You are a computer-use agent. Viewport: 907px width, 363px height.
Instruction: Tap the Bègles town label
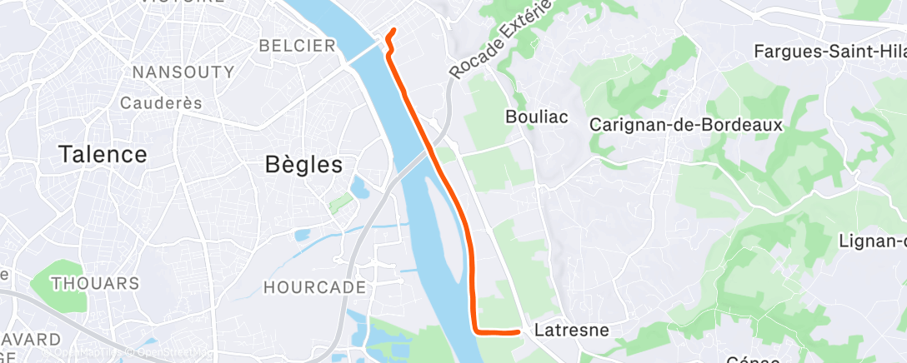(303, 164)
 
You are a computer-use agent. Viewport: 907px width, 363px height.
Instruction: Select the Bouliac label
(537, 117)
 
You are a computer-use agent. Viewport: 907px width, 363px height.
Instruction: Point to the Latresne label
(571, 331)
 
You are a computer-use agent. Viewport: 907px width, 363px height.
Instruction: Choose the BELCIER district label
(298, 46)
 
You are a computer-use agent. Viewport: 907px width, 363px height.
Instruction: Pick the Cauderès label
(162, 103)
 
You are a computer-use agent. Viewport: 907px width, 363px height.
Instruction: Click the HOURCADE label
(314, 287)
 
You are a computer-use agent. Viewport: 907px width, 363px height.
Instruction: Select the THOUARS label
(95, 283)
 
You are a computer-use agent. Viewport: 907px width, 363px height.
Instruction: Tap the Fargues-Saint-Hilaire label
(829, 52)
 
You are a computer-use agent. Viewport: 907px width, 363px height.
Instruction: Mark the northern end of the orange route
(393, 31)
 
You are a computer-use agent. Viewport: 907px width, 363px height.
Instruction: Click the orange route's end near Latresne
(519, 331)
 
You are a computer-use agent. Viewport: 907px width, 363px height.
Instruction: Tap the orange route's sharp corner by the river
(477, 329)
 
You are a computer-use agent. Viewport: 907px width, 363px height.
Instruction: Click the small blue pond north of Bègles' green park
(359, 187)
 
